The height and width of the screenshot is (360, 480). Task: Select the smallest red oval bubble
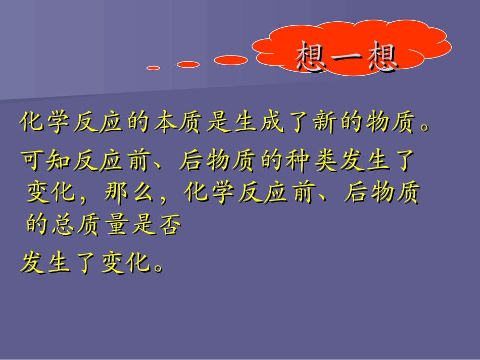tap(154, 68)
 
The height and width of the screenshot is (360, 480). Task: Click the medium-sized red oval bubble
tap(188, 64)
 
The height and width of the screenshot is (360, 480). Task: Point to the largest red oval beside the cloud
tap(230, 60)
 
